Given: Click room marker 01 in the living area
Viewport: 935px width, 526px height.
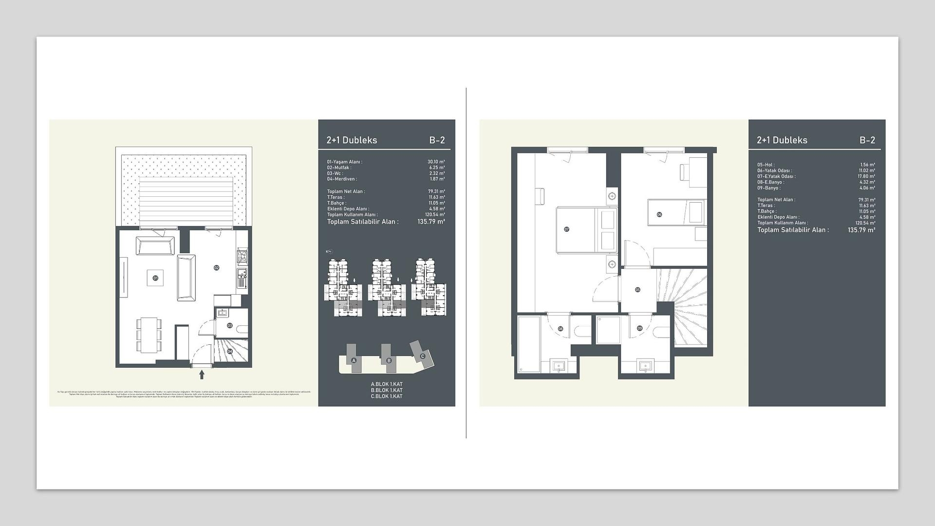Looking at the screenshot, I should tap(155, 278).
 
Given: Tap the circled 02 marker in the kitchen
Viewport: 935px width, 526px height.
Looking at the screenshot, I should tap(216, 267).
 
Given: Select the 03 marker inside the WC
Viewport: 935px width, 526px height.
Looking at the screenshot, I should tap(229, 325).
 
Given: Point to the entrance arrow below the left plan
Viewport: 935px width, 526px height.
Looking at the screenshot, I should tap(202, 375).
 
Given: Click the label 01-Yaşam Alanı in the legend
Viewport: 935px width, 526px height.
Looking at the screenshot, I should tap(345, 162).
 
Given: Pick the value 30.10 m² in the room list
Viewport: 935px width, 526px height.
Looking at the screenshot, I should tap(436, 162).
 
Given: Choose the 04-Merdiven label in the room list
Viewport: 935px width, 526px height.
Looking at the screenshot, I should tap(342, 179).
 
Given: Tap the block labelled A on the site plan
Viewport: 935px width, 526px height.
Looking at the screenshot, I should tap(354, 360).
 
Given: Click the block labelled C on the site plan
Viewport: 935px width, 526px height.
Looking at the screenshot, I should tap(422, 356).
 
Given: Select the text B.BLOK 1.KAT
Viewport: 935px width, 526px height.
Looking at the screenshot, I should tap(387, 390).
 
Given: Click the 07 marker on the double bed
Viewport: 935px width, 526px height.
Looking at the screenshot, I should tap(566, 229).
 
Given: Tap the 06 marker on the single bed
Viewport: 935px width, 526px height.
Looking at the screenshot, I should tap(659, 214).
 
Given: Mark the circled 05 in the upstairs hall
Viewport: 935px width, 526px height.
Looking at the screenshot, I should tap(637, 290).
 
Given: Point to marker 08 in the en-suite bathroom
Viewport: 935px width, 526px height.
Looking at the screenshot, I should tap(561, 329).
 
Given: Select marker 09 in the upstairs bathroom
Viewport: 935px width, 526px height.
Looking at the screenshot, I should tap(639, 328).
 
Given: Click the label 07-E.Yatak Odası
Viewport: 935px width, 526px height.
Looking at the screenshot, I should tap(776, 176).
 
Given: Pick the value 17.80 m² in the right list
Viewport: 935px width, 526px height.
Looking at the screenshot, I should tap(867, 176).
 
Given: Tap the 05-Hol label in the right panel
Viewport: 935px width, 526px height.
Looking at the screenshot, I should tap(766, 165).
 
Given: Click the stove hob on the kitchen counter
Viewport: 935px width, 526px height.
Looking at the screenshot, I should tap(242, 255).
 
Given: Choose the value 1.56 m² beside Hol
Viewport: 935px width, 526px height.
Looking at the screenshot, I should tap(867, 165).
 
